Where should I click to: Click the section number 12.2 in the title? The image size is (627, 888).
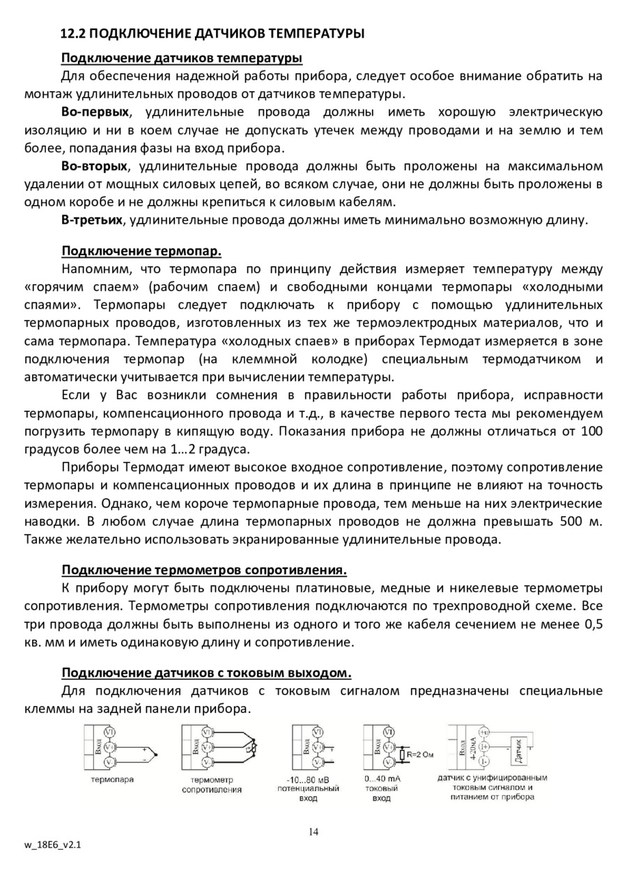tap(73, 33)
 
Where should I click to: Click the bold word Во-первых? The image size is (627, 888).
tap(95, 112)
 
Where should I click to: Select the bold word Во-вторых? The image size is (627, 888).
tap(95, 166)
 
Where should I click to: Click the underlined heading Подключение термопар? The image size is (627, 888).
tap(141, 250)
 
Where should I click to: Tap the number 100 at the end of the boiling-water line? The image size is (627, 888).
tap(591, 431)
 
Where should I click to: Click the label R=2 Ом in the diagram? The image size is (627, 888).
tap(421, 753)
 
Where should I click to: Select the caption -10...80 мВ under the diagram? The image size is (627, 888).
tap(309, 779)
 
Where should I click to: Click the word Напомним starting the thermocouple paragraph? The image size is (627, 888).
tap(95, 268)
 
